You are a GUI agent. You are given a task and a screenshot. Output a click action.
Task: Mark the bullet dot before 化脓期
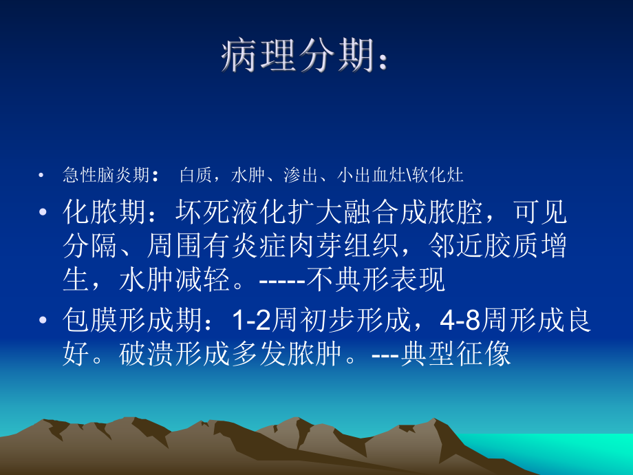(x=45, y=213)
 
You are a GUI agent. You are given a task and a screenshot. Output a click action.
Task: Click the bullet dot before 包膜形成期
(x=45, y=321)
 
